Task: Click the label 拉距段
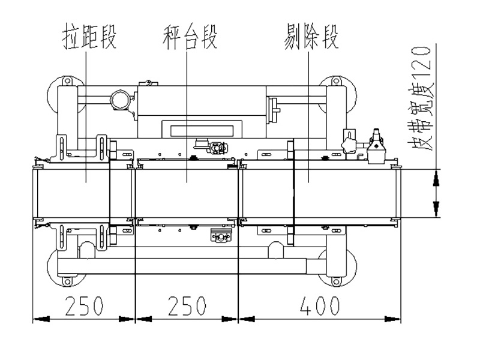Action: coord(89,37)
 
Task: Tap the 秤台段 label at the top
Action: coord(189,37)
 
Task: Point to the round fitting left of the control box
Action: coord(119,100)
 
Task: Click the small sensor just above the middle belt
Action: coord(214,147)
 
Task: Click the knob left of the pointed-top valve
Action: coord(347,144)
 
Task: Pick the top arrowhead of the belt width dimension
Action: coord(436,174)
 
